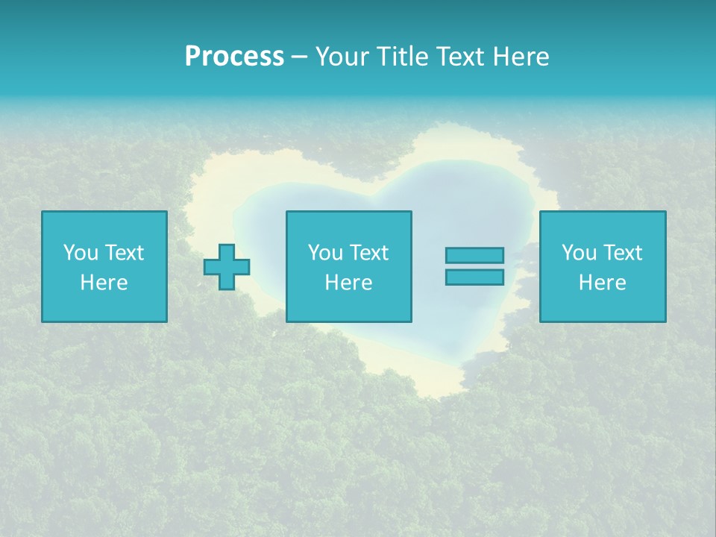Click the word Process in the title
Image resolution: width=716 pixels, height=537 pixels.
[234, 57]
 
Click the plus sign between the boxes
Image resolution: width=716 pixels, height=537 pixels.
[227, 267]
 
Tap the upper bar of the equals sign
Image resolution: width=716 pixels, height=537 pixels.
[474, 256]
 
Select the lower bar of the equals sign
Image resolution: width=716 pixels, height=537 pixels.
[474, 277]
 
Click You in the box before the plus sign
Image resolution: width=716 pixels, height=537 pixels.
[81, 253]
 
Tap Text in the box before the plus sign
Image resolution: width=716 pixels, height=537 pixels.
[123, 253]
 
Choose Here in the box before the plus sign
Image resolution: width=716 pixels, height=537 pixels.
[104, 283]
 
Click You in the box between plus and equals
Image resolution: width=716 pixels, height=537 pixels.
[325, 253]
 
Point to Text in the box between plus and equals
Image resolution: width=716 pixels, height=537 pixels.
[368, 253]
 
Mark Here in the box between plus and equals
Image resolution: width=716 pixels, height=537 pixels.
[348, 283]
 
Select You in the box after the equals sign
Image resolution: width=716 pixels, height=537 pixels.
[579, 253]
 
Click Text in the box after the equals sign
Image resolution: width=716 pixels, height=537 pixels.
[621, 253]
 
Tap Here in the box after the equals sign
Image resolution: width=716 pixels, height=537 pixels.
[602, 283]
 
